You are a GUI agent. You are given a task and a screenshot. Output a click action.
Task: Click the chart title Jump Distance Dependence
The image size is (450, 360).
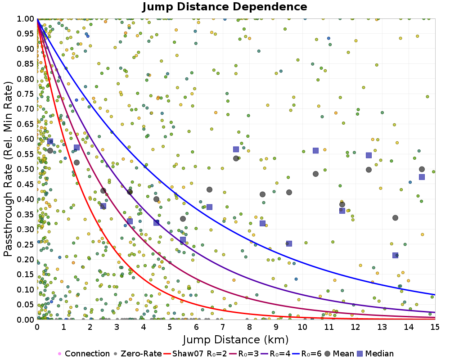click(x=225, y=7)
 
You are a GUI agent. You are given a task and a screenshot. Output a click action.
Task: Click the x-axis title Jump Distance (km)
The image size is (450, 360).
click(x=236, y=339)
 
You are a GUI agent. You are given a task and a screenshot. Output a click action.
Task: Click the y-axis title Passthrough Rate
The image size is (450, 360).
click(x=9, y=169)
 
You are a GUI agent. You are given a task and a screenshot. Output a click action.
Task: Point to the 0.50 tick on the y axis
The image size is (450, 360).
click(x=27, y=169)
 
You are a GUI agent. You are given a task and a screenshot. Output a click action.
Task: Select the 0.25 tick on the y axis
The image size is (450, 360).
click(x=27, y=244)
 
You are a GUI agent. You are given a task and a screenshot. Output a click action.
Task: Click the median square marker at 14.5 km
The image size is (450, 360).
click(x=422, y=177)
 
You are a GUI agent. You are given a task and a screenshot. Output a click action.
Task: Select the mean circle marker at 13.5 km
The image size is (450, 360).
click(x=395, y=218)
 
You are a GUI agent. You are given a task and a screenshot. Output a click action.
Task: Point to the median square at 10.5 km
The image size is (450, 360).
click(x=315, y=151)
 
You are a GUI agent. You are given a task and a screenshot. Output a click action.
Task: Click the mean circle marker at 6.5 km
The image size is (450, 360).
click(x=209, y=189)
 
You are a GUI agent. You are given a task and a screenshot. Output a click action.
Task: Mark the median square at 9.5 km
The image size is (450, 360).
click(x=289, y=243)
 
